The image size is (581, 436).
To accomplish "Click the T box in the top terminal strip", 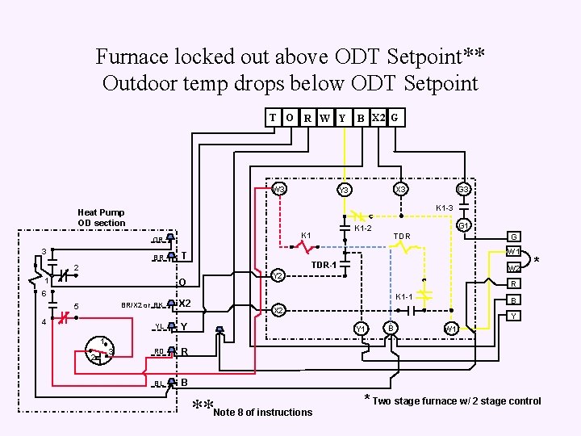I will point(273,117).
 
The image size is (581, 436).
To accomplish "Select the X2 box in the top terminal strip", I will point(377,117).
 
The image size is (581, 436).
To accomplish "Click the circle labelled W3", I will point(278,190).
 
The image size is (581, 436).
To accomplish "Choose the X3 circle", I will point(399,190).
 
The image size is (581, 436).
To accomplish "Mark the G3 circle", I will point(463,190).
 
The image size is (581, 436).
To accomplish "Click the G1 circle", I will point(463,226).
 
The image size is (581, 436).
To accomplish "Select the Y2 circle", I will point(277,275).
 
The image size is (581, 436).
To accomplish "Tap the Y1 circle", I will point(362,328).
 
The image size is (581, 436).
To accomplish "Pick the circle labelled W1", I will point(452,328).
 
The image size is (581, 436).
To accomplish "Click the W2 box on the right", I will point(513,268).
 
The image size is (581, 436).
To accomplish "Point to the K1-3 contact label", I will point(445,208).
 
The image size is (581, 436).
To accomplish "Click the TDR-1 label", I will point(324,264).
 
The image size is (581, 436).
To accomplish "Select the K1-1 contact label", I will point(405,297).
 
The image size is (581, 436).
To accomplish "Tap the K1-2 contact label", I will point(364,228).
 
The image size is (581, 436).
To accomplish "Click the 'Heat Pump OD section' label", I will point(102,217).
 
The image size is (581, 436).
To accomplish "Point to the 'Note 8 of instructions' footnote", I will point(263,412).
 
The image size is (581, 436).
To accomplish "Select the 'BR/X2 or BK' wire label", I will point(142,305).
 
